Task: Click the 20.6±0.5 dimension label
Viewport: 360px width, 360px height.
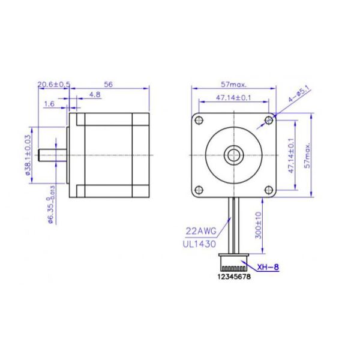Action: [x=54, y=85]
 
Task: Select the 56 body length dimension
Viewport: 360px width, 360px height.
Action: [x=109, y=85]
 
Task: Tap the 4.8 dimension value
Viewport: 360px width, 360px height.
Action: [x=95, y=95]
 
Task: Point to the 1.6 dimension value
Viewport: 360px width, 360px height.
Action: [x=50, y=104]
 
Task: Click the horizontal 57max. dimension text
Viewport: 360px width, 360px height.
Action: [x=233, y=85]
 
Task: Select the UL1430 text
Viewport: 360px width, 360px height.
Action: [x=200, y=244]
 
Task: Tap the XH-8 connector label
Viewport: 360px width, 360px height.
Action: [x=268, y=268]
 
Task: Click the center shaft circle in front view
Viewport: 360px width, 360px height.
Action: [x=233, y=155]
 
